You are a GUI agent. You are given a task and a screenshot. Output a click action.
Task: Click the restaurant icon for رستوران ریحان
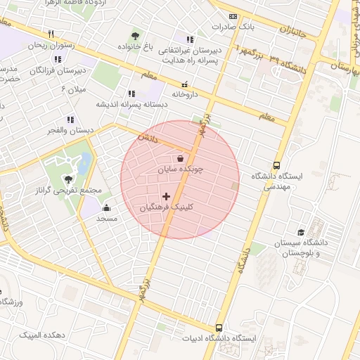[x=51, y=33]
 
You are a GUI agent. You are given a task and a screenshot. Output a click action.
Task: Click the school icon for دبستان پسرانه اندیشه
[x=131, y=93]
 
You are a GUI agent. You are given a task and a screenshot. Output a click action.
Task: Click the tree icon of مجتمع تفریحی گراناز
[x=68, y=179]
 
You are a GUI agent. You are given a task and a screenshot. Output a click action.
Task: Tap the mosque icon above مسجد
[x=106, y=207]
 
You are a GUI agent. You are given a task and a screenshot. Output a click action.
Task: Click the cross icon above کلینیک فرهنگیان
[x=166, y=196]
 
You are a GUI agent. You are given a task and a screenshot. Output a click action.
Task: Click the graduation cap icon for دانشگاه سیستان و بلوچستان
[x=302, y=231]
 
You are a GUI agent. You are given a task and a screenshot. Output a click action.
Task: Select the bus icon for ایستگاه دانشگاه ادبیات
[x=219, y=328]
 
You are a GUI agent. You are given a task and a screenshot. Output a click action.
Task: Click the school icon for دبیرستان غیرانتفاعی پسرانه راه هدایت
[x=189, y=39]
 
